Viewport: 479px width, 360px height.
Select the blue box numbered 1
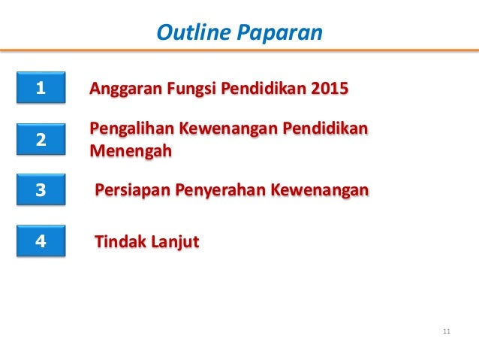[x=41, y=89]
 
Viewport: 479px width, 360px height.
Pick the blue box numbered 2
[x=41, y=140]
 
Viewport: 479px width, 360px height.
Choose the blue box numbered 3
[x=41, y=191]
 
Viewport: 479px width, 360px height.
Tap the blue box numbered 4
[x=41, y=242]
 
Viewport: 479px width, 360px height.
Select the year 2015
[x=328, y=89]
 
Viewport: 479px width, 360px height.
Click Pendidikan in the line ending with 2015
[x=260, y=89]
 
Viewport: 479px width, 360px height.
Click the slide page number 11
[x=447, y=331]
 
